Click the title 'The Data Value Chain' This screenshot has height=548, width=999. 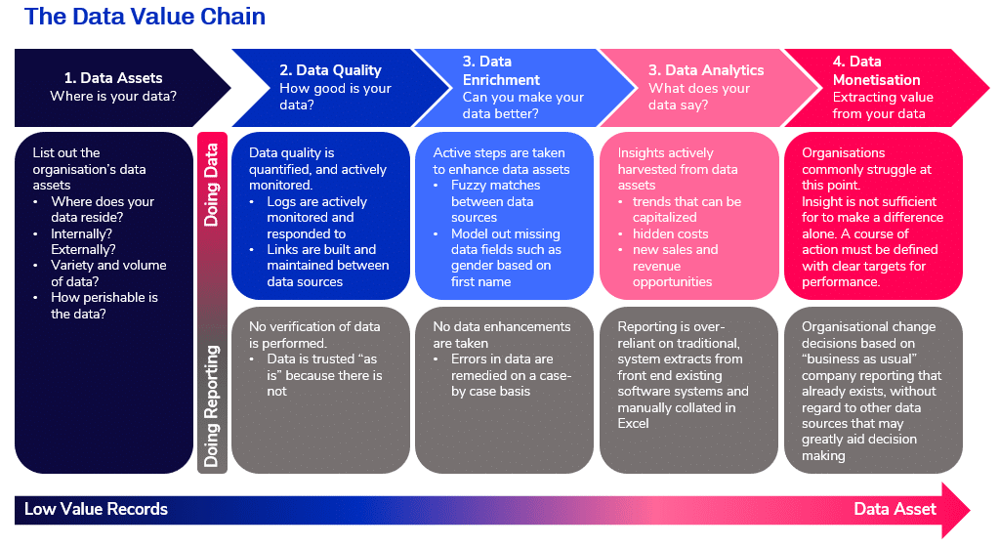[145, 17]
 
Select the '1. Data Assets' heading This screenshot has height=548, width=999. [113, 78]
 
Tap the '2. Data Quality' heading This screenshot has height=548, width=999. [330, 70]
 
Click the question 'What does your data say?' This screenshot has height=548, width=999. [699, 97]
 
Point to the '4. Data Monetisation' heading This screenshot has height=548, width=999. [876, 70]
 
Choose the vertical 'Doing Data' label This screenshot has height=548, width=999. [211, 185]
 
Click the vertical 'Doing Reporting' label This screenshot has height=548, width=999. [211, 406]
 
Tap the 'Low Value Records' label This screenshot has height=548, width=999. [97, 509]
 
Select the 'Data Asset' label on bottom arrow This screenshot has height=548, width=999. [895, 509]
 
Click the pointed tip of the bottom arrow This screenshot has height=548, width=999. [970, 510]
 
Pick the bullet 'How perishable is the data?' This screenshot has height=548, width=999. [104, 306]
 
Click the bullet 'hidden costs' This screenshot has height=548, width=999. [670, 233]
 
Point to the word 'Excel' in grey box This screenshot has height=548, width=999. [633, 424]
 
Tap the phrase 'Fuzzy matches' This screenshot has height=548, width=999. [496, 186]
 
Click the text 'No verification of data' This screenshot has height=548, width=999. [314, 327]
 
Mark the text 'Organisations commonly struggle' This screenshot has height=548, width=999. [866, 161]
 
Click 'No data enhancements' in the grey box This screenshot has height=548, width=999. [501, 327]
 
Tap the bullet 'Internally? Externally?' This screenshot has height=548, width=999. [83, 241]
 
